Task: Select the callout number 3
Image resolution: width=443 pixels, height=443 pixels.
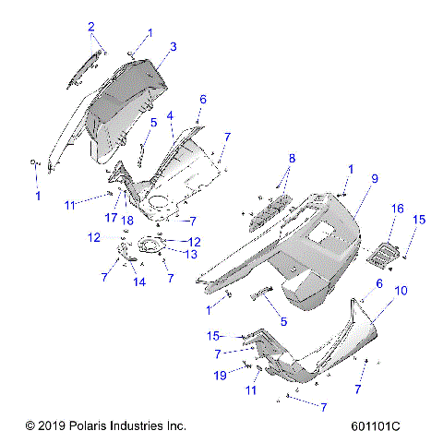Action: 173,45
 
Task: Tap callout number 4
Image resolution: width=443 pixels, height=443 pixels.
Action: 171,115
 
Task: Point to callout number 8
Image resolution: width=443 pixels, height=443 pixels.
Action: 266,159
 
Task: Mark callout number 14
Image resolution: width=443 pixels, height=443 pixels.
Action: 139,282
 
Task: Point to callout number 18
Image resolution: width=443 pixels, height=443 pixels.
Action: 127,220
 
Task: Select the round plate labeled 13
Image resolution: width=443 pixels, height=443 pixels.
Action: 150,245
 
